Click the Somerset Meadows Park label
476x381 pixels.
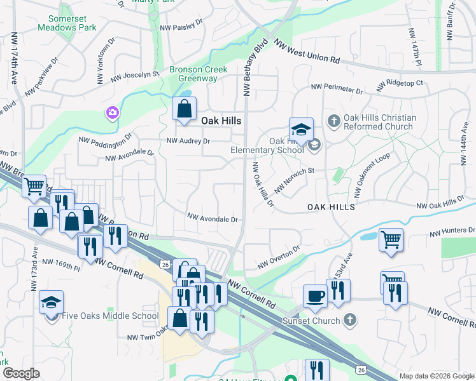coord(67,23)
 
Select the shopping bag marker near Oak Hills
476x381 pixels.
coord(184,109)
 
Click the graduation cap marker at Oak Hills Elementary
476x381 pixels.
coord(302,130)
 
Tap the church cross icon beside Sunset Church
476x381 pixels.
coord(349,320)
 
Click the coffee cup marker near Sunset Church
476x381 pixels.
coord(315,296)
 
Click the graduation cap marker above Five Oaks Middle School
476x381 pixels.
coord(51,302)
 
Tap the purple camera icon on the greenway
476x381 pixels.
coord(112,113)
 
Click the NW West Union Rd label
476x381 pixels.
coord(307,51)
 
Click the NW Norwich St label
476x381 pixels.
coord(295,181)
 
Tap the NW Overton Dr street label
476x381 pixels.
coord(279,258)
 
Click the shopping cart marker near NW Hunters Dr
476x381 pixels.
coord(391,240)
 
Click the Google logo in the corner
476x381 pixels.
coord(21,373)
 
